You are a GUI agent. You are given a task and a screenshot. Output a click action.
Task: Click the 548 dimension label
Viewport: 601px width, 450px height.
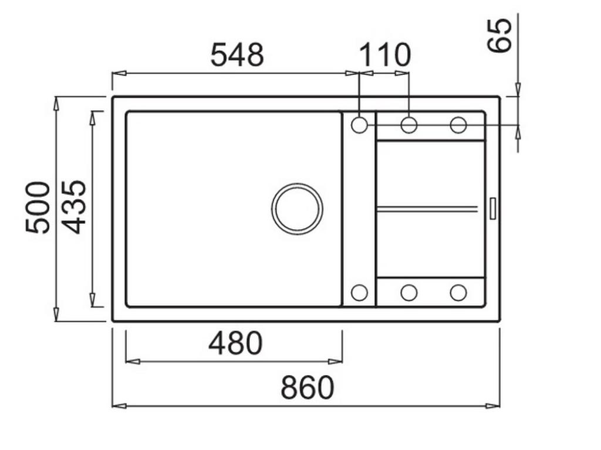(x=237, y=56)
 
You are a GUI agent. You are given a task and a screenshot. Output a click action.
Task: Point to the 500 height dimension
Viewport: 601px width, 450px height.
(x=39, y=207)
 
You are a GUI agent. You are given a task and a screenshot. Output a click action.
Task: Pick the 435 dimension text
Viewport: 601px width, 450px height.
(x=75, y=207)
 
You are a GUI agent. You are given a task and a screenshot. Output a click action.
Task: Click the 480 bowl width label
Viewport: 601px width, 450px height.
(x=235, y=344)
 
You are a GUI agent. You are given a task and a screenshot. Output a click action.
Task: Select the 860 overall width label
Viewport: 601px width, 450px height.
(x=307, y=388)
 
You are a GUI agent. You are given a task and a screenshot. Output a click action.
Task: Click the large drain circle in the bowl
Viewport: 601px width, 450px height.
(x=297, y=209)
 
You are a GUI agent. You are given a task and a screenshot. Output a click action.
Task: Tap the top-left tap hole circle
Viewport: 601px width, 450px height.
(x=359, y=125)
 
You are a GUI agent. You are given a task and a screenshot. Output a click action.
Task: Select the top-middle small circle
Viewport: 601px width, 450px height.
(x=409, y=125)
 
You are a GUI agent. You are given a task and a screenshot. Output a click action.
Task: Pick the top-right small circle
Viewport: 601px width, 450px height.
(x=458, y=125)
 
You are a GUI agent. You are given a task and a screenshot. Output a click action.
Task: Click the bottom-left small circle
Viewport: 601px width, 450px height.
(x=359, y=292)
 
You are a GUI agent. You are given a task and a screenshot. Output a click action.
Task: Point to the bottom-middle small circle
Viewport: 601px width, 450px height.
(x=409, y=292)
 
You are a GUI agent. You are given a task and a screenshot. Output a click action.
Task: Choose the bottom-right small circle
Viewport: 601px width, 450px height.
(x=458, y=292)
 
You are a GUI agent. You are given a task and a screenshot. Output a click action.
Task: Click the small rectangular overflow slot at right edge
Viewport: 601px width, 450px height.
(x=492, y=209)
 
